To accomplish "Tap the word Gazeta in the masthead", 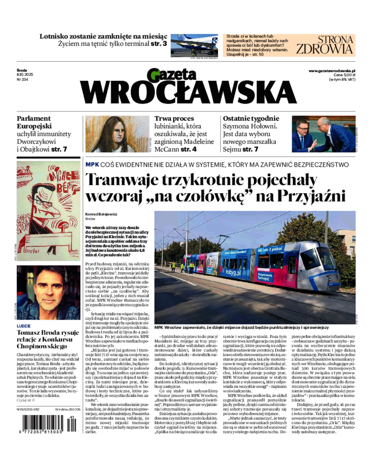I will coord(172,74).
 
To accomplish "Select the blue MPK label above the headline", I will coord(92,164).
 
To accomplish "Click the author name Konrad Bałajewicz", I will coord(100,213).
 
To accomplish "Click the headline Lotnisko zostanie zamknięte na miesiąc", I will coord(103,36).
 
